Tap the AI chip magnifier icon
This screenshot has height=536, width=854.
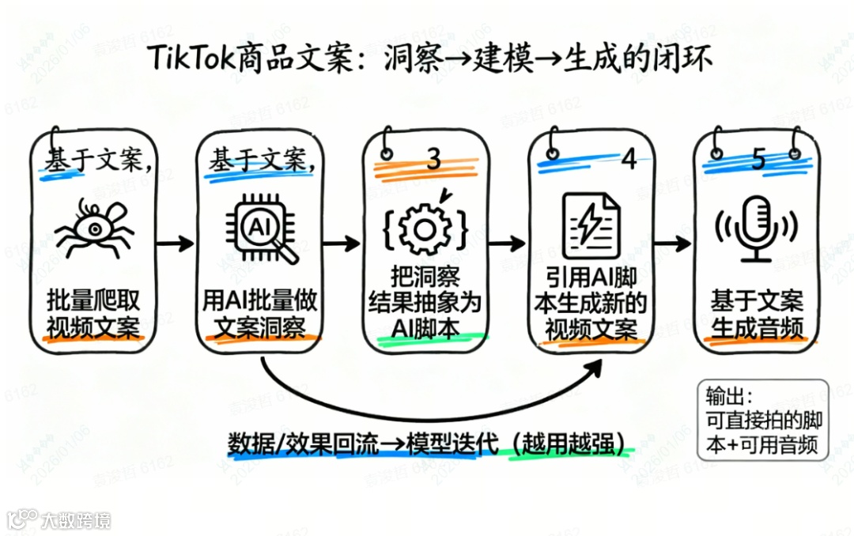pyautogui.click(x=260, y=230)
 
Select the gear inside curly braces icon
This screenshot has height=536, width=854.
pyautogui.click(x=425, y=228)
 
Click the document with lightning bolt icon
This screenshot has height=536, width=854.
pyautogui.click(x=591, y=225)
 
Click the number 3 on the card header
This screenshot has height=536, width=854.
pyautogui.click(x=433, y=159)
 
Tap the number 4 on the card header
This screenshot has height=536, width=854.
pyautogui.click(x=629, y=159)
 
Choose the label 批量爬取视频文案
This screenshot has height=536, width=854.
pyautogui.click(x=93, y=313)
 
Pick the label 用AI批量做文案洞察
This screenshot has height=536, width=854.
pyautogui.click(x=260, y=314)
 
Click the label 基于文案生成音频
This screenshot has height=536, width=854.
pyautogui.click(x=757, y=314)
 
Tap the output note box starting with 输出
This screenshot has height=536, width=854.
pyautogui.click(x=763, y=420)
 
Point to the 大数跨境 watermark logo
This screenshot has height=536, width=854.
pyautogui.click(x=59, y=519)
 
